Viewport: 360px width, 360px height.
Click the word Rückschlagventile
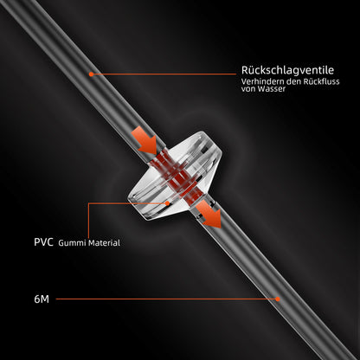tap(287, 70)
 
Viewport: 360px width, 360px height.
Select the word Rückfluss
tap(321, 81)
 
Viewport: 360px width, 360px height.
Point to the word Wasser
tap(272, 89)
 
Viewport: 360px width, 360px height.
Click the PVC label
tap(43, 242)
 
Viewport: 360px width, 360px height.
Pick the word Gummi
tap(72, 243)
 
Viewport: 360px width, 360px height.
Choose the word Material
tap(104, 243)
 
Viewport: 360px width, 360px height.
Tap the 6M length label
tap(42, 299)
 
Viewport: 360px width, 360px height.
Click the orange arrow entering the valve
tap(145, 140)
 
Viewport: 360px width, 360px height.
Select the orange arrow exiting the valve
tap(209, 215)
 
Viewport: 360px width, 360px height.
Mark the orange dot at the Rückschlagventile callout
tap(91, 74)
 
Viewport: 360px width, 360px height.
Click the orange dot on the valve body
tap(167, 203)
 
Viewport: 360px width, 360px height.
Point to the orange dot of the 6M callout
tap(278, 299)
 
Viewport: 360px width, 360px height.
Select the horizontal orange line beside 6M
tap(165, 299)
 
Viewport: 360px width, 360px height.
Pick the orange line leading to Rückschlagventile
tap(164, 74)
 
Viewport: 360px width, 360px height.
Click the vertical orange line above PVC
tap(88, 221)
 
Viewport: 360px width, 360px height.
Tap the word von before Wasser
tap(248, 89)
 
